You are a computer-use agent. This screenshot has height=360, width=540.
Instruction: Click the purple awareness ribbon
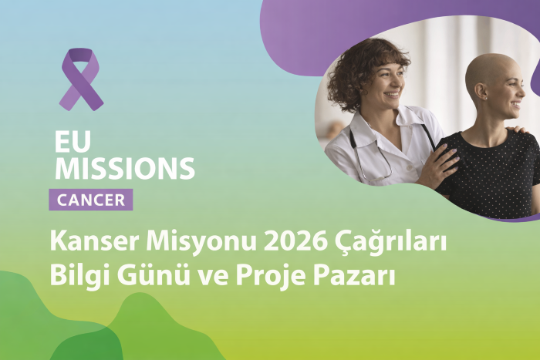coord(80,78)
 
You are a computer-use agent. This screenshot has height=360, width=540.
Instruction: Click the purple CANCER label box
coord(91,200)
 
